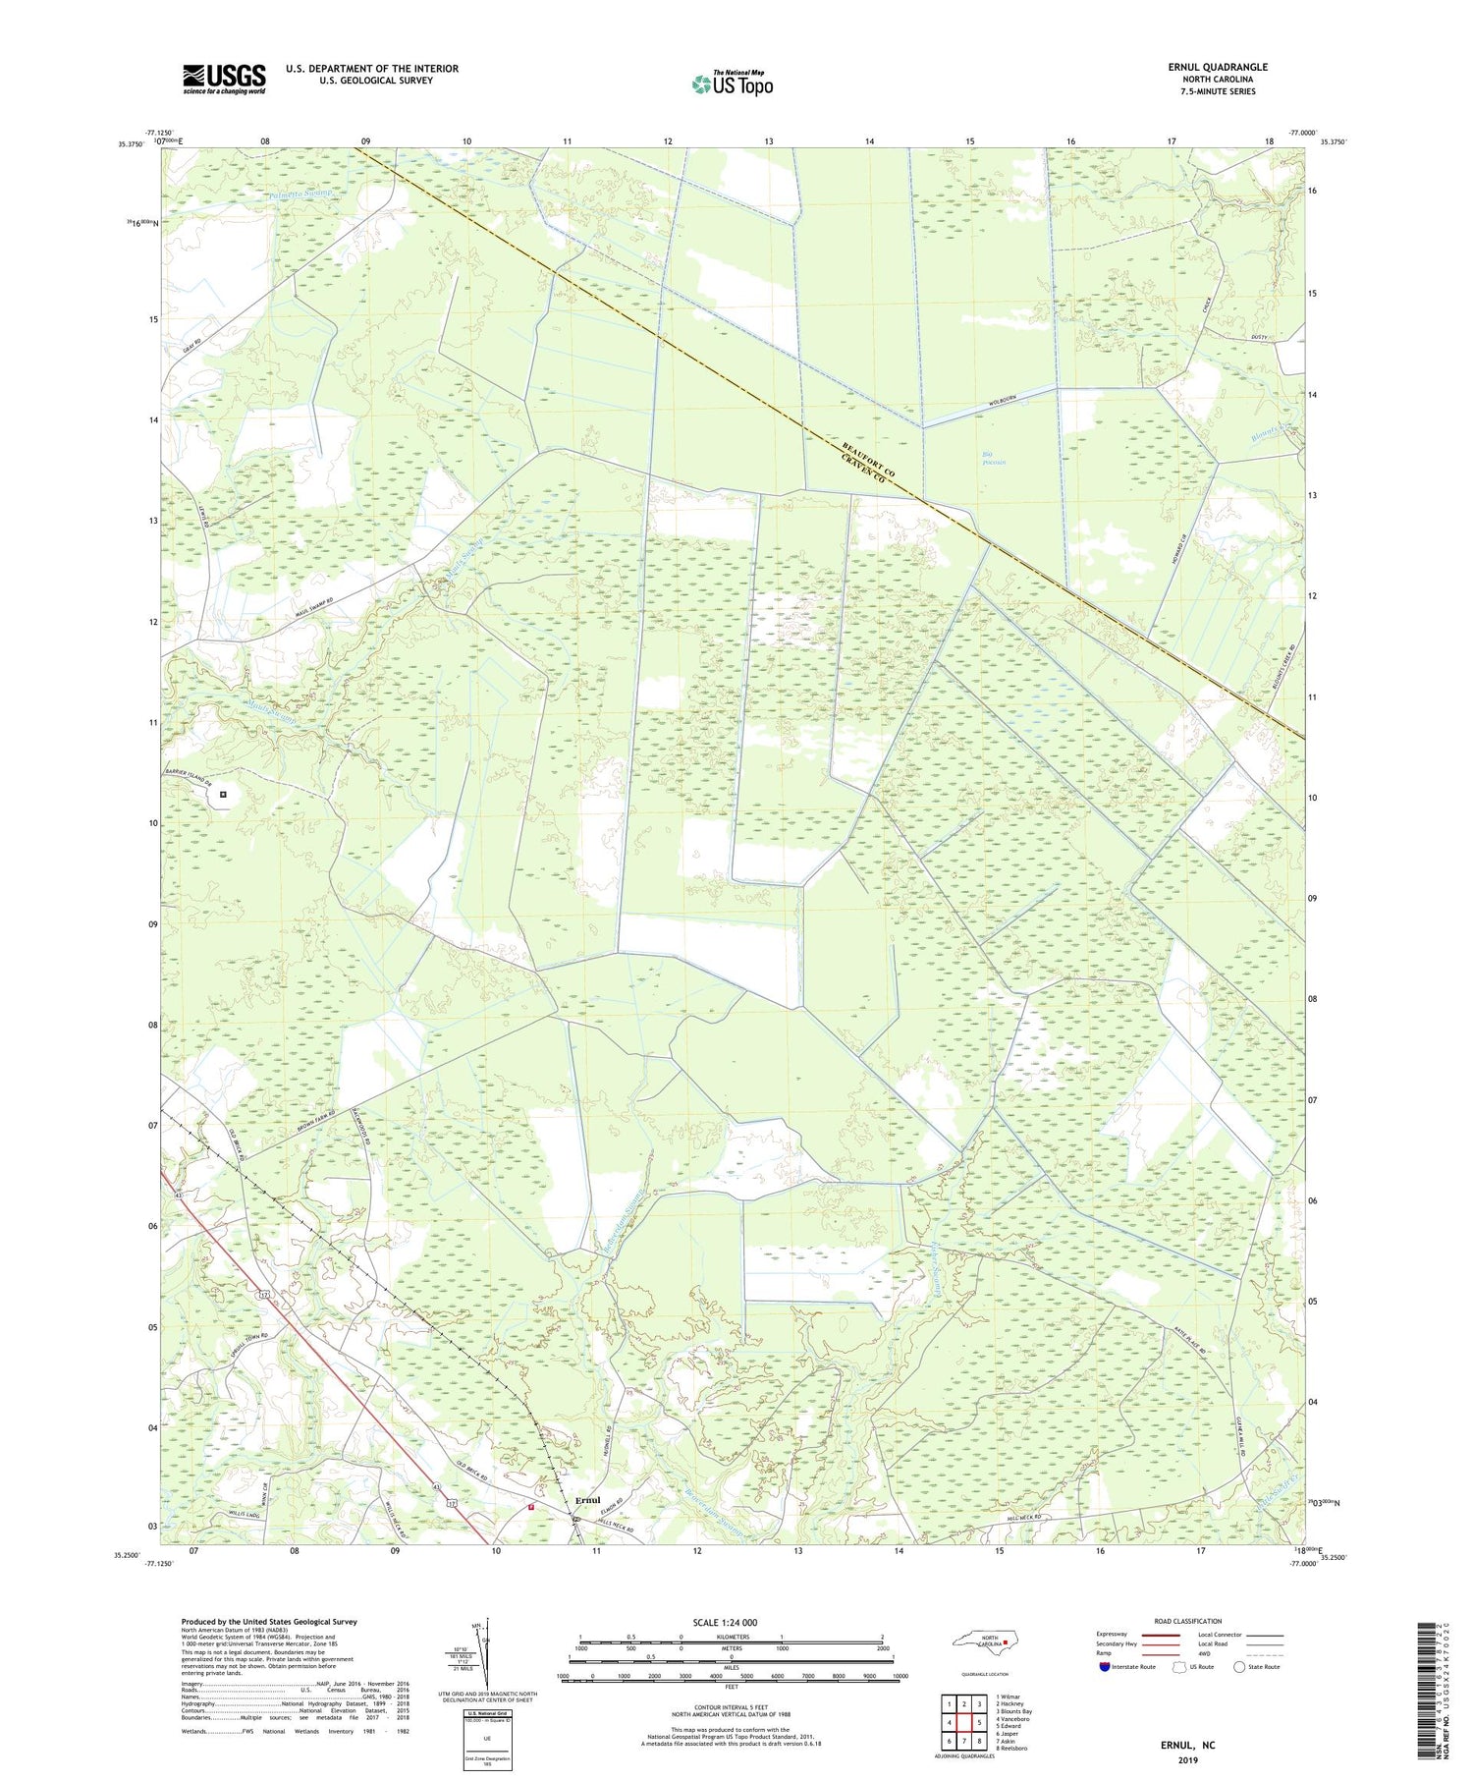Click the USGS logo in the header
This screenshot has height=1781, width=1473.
click(x=224, y=80)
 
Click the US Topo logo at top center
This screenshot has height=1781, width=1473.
click(x=732, y=83)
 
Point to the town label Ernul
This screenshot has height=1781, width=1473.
click(x=587, y=1500)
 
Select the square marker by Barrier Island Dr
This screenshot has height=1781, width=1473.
click(x=223, y=794)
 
